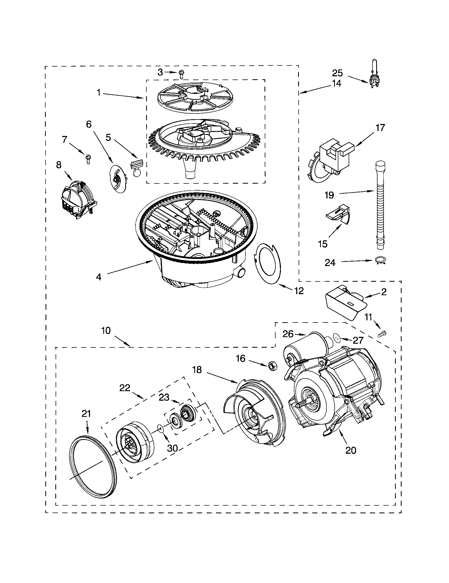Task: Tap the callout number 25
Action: (x=337, y=73)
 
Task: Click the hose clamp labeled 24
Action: (x=380, y=260)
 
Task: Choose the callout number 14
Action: (x=337, y=83)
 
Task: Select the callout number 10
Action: (x=106, y=330)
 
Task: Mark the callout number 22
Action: (x=124, y=388)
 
